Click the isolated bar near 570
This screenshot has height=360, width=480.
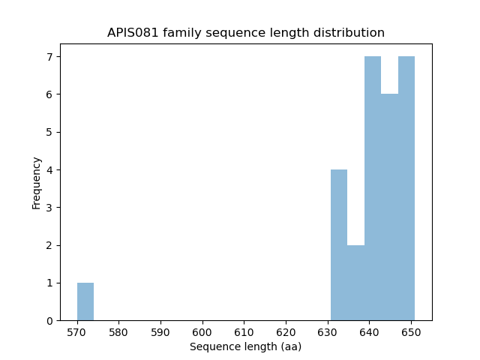click(85, 301)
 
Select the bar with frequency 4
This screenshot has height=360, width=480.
click(339, 245)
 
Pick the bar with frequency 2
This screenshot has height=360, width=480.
click(355, 283)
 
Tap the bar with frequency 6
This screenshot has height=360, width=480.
click(389, 207)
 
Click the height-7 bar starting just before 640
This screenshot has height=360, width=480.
click(373, 188)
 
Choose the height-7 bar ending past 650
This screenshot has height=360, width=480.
click(406, 188)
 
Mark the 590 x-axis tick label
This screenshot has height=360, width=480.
click(160, 331)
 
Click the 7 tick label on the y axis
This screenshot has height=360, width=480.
click(49, 57)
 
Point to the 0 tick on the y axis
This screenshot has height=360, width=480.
click(49, 321)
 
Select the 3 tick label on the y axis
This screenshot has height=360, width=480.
click(49, 208)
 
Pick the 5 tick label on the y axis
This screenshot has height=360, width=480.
click(49, 132)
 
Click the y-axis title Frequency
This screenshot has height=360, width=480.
click(36, 182)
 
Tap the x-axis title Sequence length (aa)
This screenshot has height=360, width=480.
click(245, 346)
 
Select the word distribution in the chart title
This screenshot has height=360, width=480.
click(352, 33)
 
